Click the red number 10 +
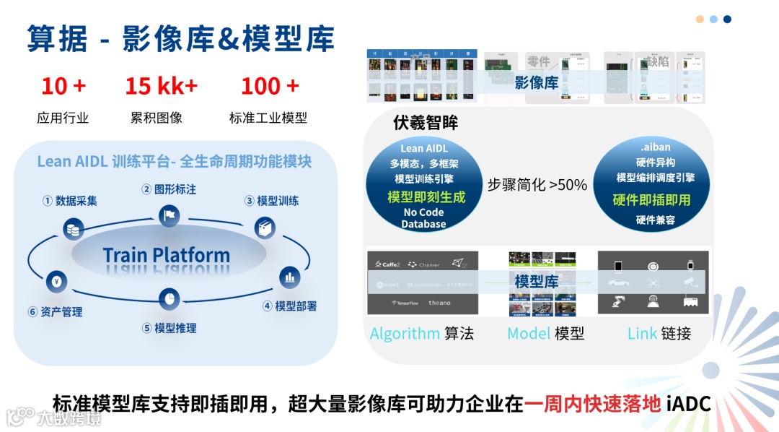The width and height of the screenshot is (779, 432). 63,86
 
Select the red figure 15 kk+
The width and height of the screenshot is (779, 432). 161,86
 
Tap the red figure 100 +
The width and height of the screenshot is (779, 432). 269,86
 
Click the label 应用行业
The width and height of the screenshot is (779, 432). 63,118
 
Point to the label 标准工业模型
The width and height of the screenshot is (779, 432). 268,118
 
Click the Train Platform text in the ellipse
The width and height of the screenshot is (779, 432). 166,255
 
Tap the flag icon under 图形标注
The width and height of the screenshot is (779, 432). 169,215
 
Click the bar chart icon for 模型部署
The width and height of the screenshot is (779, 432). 289,277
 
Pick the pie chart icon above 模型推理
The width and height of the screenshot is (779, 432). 169,297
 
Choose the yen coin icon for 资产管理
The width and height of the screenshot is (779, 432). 56,280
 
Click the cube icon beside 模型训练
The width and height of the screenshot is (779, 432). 265,228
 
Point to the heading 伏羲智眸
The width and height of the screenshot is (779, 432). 426,123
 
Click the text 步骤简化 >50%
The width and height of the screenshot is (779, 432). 537,185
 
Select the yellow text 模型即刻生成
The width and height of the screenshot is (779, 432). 426,196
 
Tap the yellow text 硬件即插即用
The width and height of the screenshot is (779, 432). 651,199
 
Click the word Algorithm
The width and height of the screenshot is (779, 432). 405,333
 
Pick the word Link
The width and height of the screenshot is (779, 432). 642,333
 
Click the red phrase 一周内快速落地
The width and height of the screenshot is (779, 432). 592,403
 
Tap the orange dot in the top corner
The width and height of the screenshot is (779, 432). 700,20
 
